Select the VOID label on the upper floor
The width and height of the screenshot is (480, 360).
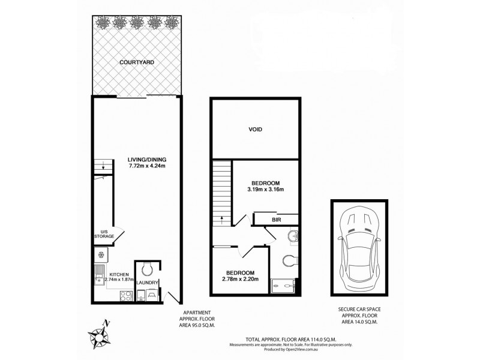tap(255, 129)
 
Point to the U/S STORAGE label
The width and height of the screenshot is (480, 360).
tap(103, 234)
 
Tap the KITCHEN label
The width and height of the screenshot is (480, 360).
tap(102, 274)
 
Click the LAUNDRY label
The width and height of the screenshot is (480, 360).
tap(147, 282)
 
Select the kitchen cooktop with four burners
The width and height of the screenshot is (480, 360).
tap(126, 295)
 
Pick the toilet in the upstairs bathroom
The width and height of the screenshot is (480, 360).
tap(287, 260)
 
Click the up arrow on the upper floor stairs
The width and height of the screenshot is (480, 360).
tap(222, 220)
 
